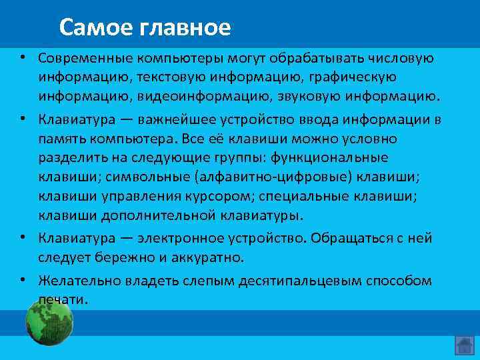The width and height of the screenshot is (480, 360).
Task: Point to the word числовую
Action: click(x=399, y=58)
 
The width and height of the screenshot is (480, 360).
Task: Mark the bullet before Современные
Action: click(x=22, y=58)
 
